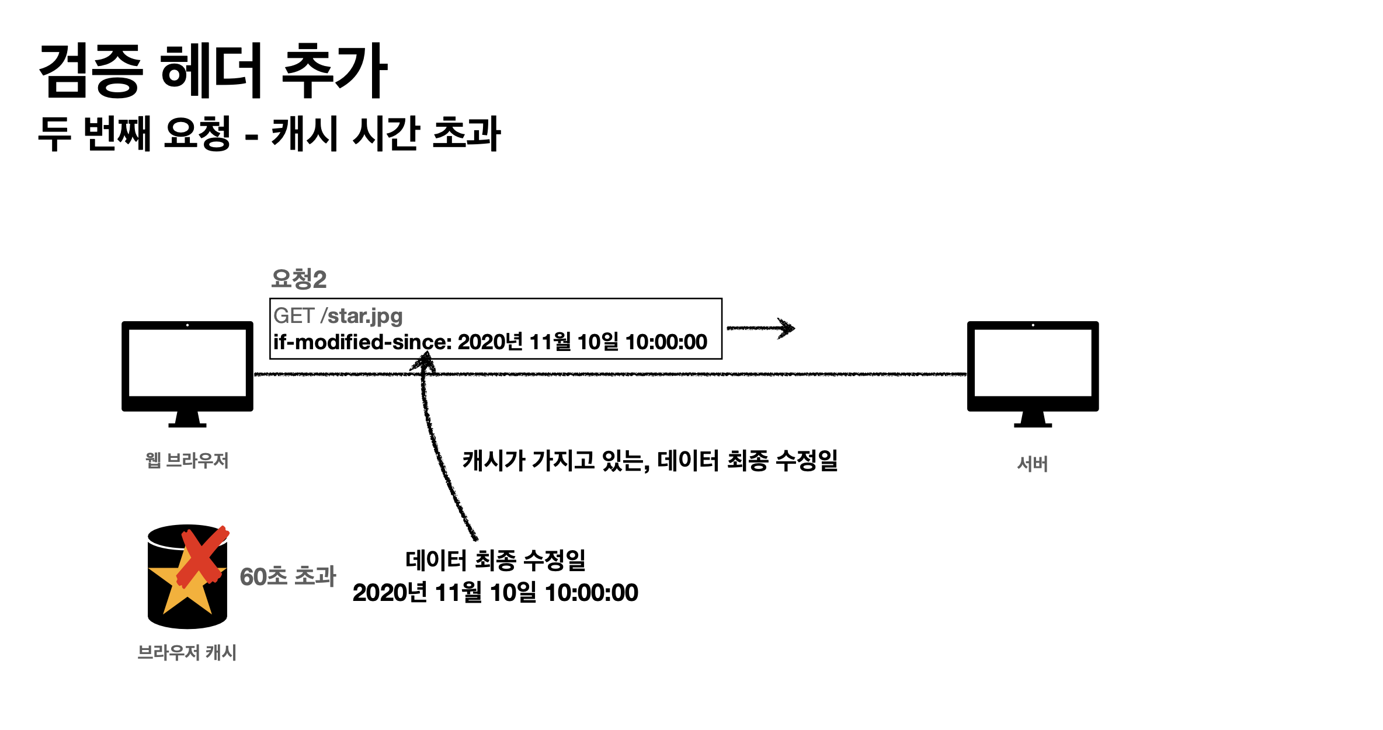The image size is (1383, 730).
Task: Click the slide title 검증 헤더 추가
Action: pyautogui.click(x=213, y=71)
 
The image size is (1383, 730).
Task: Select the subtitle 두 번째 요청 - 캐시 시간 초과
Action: pyautogui.click(x=269, y=134)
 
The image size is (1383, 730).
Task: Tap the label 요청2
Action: pyautogui.click(x=298, y=279)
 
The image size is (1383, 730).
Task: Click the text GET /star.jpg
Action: pyautogui.click(x=338, y=316)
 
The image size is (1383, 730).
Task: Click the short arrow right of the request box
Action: pyautogui.click(x=760, y=328)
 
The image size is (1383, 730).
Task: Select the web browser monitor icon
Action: pyautogui.click(x=187, y=365)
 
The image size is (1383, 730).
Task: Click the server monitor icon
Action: pyautogui.click(x=1033, y=365)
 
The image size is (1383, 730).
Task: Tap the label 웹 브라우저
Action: pyautogui.click(x=187, y=461)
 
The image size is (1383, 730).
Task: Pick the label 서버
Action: pyautogui.click(x=1033, y=464)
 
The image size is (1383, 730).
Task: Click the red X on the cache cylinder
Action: pyautogui.click(x=202, y=557)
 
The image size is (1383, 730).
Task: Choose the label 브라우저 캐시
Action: pyautogui.click(x=187, y=652)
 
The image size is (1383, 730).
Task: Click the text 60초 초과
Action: pyautogui.click(x=288, y=576)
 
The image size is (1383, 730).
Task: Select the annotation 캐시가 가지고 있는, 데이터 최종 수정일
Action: pyautogui.click(x=650, y=461)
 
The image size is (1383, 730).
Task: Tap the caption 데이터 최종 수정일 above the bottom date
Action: pyautogui.click(x=495, y=561)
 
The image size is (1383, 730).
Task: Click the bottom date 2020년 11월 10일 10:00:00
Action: pyautogui.click(x=495, y=593)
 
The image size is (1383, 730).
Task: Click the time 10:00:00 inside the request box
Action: pyautogui.click(x=666, y=342)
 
